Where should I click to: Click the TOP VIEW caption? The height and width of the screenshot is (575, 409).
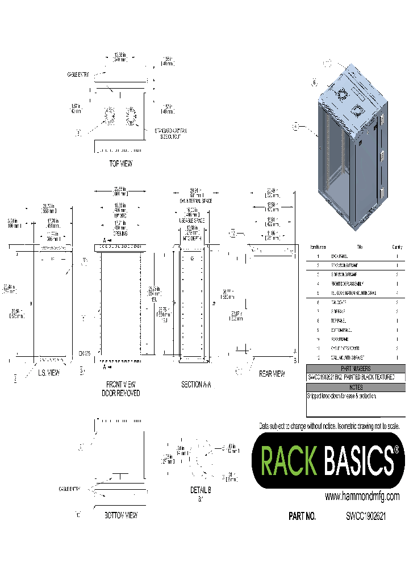[x=120, y=164]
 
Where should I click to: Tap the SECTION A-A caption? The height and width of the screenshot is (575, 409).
[x=196, y=385]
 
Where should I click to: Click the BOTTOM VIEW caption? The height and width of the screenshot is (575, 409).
[x=121, y=515]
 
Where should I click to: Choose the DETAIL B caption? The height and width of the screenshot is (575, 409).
[x=201, y=490]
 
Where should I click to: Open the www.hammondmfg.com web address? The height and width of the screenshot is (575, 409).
[x=362, y=496]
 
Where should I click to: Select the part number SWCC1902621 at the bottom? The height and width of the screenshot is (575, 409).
[x=366, y=516]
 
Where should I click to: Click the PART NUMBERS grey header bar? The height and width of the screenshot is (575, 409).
[x=356, y=368]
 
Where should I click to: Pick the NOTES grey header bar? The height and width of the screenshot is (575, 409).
[x=356, y=388]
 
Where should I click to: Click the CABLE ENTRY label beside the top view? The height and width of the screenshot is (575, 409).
[x=79, y=75]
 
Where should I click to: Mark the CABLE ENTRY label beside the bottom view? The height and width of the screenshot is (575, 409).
[x=69, y=489]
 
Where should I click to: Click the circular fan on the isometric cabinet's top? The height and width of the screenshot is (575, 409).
[x=342, y=94]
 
